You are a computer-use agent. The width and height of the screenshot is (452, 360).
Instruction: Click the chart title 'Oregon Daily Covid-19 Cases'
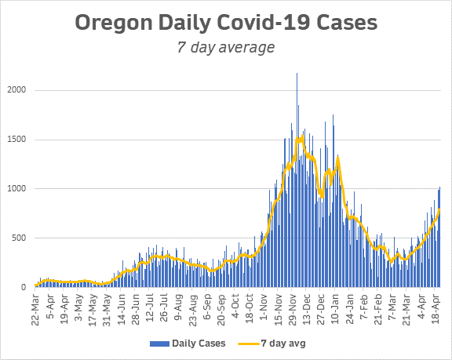click(225, 22)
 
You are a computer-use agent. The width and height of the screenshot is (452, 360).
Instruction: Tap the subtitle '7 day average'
click(225, 47)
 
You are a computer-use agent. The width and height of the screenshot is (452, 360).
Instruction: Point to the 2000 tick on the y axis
click(18, 90)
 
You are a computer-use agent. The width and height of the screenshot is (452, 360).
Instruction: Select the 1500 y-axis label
click(18, 140)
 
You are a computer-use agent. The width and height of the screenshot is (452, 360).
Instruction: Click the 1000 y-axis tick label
click(18, 189)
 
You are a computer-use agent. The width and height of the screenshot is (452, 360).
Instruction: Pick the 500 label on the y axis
click(20, 238)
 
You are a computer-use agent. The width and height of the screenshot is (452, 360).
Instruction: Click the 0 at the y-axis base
click(25, 288)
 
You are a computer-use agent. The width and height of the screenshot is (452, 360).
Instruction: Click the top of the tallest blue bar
click(297, 74)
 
